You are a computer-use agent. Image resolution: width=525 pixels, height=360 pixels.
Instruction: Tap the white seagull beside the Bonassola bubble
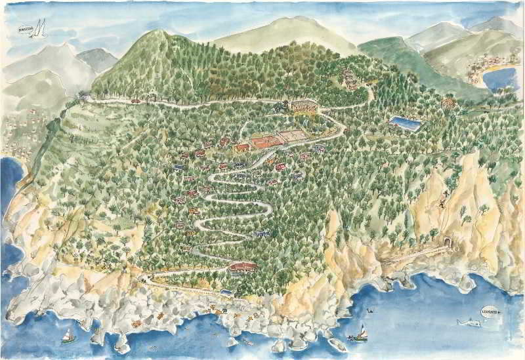(41, 28)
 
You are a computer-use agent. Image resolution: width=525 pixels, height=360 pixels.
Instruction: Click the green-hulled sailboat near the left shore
(68, 337)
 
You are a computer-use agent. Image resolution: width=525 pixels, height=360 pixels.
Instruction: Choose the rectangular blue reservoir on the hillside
(404, 123)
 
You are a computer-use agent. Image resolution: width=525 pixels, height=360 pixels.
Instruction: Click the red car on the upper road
(136, 101)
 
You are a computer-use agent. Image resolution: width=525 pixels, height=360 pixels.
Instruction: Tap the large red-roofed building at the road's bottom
(243, 266)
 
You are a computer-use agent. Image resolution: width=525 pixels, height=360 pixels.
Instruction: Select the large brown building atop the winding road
(303, 105)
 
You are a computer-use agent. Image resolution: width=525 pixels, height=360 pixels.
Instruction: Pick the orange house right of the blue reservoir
(449, 103)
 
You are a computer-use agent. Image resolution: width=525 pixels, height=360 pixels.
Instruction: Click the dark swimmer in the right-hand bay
(373, 308)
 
